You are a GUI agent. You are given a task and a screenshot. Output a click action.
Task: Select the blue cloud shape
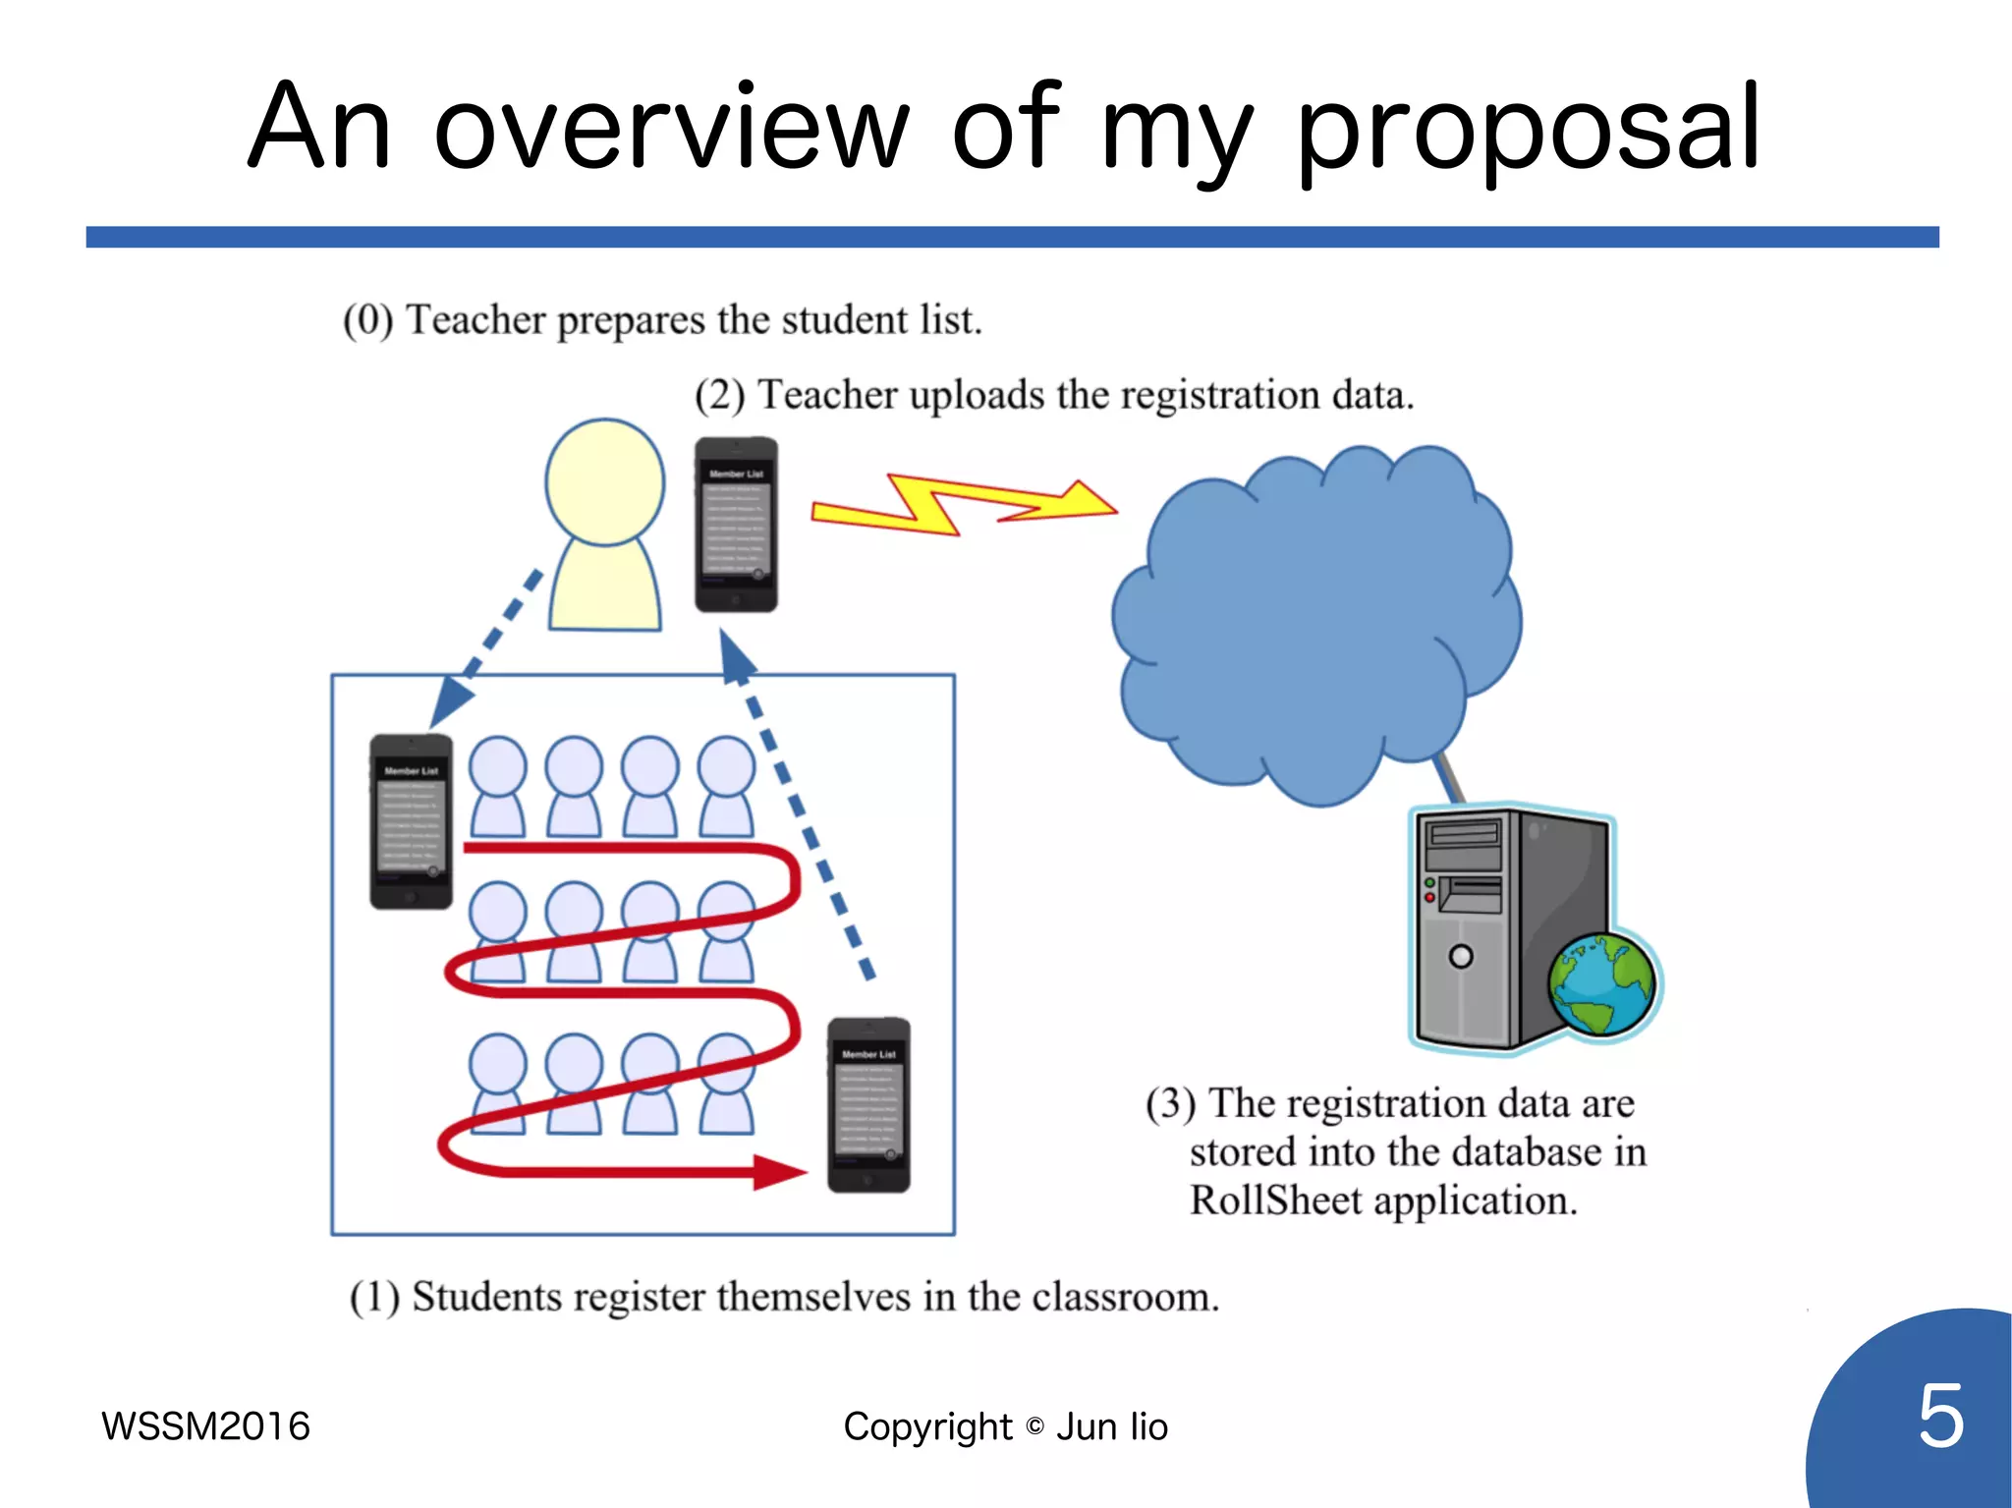(1316, 619)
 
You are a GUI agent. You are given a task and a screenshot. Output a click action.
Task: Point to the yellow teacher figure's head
(605, 481)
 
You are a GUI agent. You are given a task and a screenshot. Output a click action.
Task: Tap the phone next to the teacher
(737, 525)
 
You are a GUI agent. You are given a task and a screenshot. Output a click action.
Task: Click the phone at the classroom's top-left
(411, 821)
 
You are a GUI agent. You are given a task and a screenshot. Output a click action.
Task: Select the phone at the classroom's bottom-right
(868, 1105)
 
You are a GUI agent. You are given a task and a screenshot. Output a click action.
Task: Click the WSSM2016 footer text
(205, 1426)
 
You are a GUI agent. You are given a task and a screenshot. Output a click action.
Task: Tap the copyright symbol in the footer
(1034, 1426)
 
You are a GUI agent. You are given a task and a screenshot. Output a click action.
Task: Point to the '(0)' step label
(367, 320)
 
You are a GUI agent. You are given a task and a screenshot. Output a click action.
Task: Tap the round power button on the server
(1461, 956)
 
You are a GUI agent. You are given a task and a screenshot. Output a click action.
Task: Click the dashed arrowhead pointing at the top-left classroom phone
(450, 699)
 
